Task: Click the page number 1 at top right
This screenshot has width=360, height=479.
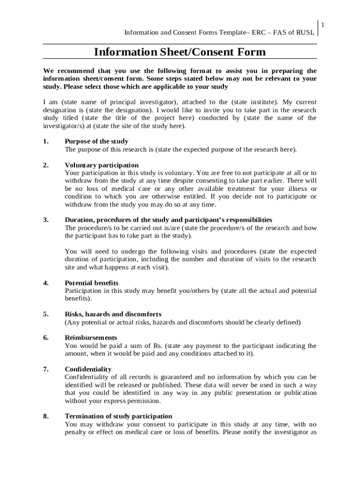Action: click(322, 24)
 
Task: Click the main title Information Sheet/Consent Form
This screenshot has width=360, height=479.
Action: click(180, 52)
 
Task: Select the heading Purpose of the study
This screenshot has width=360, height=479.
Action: click(96, 141)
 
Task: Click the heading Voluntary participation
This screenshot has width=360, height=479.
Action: click(101, 165)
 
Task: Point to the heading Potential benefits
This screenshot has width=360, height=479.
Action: click(92, 283)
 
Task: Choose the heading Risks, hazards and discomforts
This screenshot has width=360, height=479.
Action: click(113, 314)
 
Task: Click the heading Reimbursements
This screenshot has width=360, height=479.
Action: click(91, 338)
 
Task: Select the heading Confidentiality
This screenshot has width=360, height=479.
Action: click(88, 369)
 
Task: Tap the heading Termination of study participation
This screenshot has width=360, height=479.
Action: click(118, 416)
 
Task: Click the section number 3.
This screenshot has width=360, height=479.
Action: click(45, 220)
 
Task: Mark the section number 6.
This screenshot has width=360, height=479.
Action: click(45, 338)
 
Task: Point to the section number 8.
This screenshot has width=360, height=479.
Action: click(45, 416)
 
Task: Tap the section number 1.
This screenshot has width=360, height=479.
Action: click(45, 141)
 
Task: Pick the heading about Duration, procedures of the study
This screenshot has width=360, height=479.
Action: click(168, 220)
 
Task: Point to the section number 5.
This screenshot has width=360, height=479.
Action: click(45, 314)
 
